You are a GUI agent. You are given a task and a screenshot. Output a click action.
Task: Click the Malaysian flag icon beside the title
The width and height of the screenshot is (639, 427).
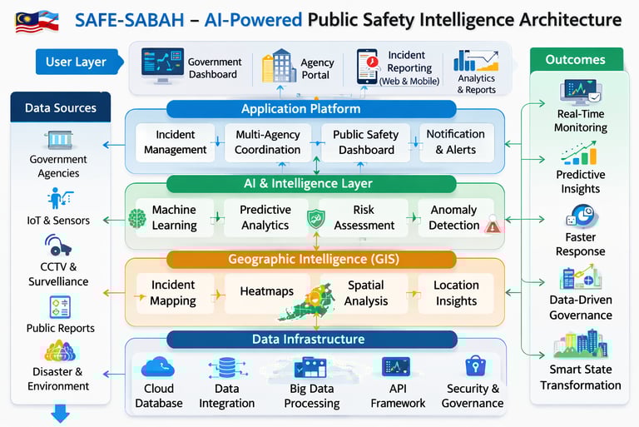click(x=36, y=20)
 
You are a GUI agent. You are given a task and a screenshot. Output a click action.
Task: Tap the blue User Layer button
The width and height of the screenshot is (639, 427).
click(x=75, y=62)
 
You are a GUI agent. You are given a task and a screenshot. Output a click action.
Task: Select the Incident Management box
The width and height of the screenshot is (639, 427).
click(x=175, y=142)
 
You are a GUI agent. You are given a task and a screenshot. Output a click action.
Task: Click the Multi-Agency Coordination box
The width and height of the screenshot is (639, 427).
click(x=267, y=142)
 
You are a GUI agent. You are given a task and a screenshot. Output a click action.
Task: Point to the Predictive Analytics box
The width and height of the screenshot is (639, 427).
click(x=265, y=217)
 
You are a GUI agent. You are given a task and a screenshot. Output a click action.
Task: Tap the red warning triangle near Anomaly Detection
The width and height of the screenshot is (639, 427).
click(x=493, y=225)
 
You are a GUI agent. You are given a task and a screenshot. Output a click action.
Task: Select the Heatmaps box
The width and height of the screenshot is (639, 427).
click(x=266, y=292)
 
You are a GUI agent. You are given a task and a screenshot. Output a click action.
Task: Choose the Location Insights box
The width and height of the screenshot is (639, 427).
click(x=456, y=292)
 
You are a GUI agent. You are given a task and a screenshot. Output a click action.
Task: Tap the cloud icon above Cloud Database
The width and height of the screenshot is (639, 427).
click(x=158, y=367)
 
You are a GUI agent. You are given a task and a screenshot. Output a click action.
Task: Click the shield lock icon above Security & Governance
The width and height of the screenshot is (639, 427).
click(x=475, y=366)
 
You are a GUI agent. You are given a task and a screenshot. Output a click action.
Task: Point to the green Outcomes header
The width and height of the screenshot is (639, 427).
click(x=575, y=60)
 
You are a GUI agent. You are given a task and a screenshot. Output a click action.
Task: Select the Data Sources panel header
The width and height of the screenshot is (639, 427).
click(x=61, y=107)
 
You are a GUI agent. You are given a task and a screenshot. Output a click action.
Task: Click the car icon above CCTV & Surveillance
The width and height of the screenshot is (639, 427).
click(x=58, y=246)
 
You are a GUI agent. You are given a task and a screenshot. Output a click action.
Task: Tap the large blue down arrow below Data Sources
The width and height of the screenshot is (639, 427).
click(x=60, y=414)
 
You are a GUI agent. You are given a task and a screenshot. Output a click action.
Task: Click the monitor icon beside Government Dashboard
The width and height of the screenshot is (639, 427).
click(x=161, y=66)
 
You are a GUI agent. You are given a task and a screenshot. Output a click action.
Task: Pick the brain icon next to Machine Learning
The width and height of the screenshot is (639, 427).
click(x=137, y=218)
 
